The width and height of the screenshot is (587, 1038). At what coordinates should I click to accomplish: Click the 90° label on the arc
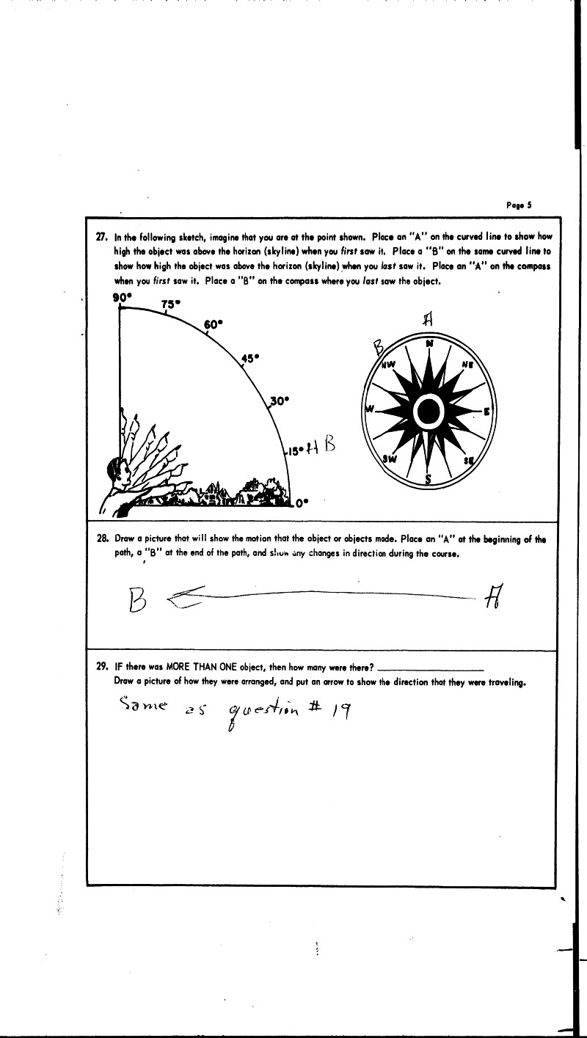pyautogui.click(x=121, y=297)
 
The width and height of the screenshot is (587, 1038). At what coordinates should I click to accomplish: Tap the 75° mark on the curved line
pyautogui.click(x=170, y=304)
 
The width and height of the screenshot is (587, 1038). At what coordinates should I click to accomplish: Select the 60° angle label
pyautogui.click(x=213, y=324)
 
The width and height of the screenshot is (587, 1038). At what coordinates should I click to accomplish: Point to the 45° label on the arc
pyautogui.click(x=251, y=358)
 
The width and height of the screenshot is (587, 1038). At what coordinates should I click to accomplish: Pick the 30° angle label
pyautogui.click(x=280, y=401)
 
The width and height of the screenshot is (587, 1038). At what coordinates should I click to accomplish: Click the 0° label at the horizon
pyautogui.click(x=303, y=502)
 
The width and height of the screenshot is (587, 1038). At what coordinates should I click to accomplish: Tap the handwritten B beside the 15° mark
pyautogui.click(x=329, y=445)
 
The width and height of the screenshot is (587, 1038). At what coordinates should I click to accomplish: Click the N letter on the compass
pyautogui.click(x=429, y=343)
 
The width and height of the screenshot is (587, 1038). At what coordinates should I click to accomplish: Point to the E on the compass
pyautogui.click(x=486, y=412)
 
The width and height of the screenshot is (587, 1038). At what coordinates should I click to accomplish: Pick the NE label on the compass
pyautogui.click(x=467, y=365)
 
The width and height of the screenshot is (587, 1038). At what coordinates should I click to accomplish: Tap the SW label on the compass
pyautogui.click(x=390, y=458)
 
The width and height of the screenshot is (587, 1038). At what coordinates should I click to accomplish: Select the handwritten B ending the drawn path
pyautogui.click(x=137, y=602)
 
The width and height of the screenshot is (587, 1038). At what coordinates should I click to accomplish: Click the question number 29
pyautogui.click(x=102, y=668)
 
